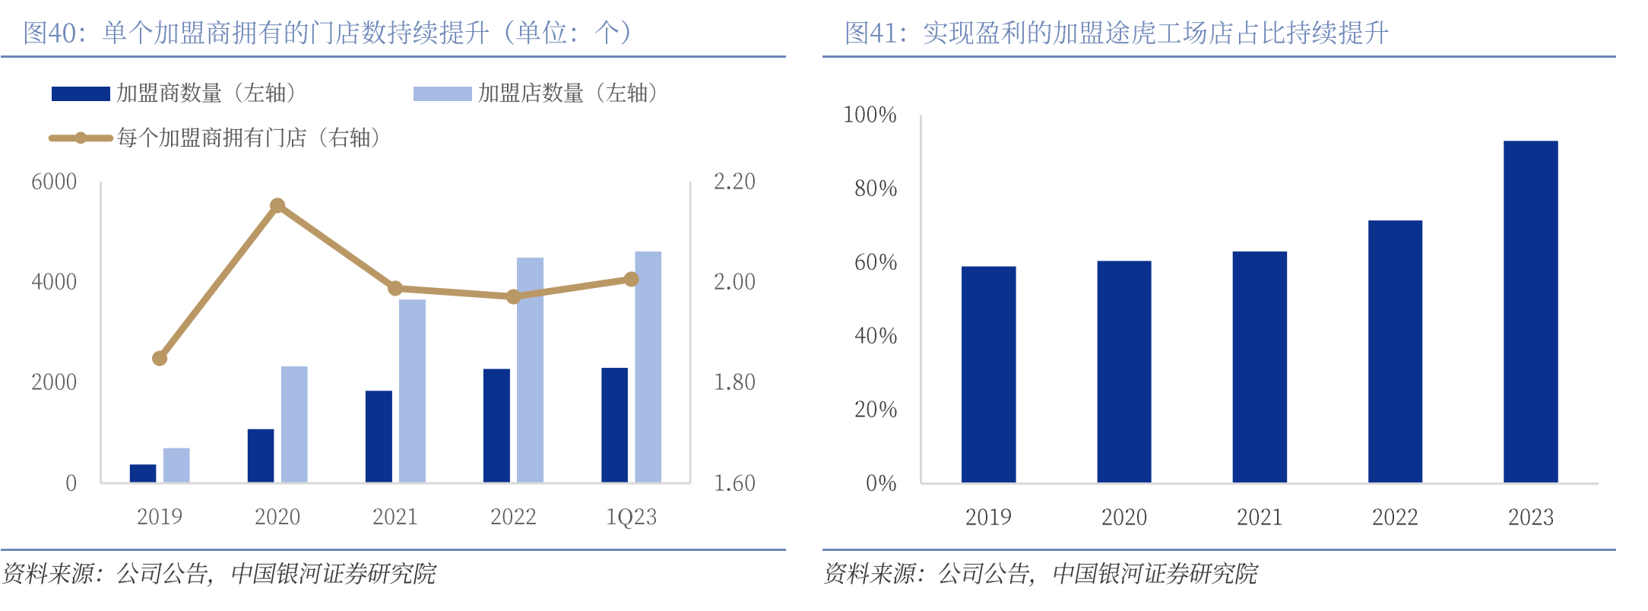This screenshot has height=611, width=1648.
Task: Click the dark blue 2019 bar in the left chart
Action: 143,473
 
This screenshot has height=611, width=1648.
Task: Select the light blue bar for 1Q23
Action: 648,367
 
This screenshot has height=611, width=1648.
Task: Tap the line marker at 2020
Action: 277,205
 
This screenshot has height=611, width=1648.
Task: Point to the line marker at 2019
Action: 160,358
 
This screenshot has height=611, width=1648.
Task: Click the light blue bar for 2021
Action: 412,391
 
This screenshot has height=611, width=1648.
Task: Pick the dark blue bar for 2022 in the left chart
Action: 496,426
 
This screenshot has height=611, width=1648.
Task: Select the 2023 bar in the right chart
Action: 1530,312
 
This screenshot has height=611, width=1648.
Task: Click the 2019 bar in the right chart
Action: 988,374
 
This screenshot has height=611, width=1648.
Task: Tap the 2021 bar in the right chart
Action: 1260,366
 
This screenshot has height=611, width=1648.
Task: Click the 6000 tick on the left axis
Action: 54,182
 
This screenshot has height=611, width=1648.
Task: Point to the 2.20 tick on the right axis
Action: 734,182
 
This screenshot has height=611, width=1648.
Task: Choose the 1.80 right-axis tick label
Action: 734,382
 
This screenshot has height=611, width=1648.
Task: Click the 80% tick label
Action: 875,188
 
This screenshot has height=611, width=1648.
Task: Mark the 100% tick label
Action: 870,115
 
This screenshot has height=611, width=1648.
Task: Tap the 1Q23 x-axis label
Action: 631,518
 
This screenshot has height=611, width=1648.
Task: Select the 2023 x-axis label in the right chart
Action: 1530,518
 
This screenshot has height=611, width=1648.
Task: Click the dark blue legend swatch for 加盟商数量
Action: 81,93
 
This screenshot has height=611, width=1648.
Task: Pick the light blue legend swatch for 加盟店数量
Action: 442,93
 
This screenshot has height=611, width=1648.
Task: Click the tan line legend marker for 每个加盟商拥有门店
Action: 81,138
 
